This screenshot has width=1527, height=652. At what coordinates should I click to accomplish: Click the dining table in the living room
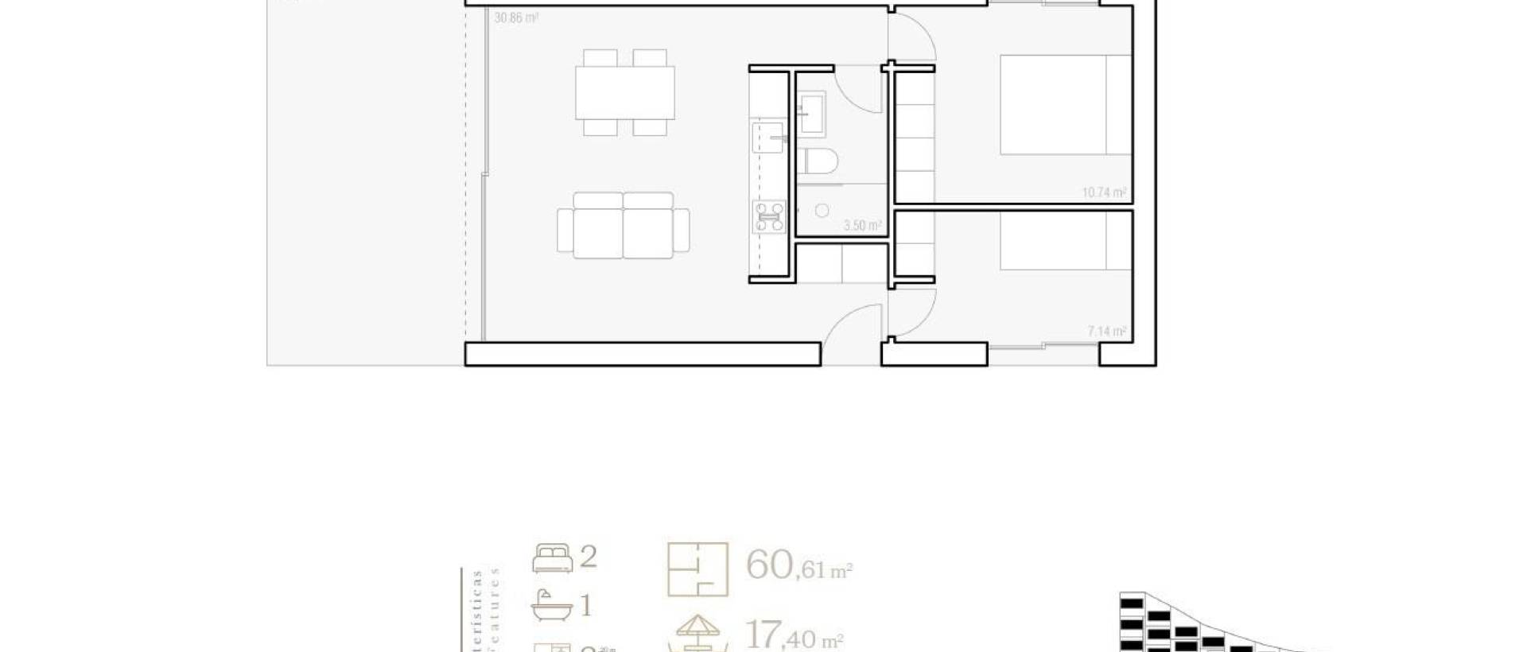(625, 92)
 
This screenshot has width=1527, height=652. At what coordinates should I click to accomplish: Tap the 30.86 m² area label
(516, 17)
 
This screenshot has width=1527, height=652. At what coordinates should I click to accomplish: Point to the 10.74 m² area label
(1104, 192)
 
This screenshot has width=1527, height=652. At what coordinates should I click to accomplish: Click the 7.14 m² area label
(1106, 331)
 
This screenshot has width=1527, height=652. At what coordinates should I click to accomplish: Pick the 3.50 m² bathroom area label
(862, 226)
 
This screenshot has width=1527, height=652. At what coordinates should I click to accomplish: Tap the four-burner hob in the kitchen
(769, 216)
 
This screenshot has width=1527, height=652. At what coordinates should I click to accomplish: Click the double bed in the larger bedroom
(1065, 104)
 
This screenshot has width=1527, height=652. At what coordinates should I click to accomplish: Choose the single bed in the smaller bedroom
(1065, 240)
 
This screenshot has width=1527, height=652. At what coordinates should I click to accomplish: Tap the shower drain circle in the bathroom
(822, 211)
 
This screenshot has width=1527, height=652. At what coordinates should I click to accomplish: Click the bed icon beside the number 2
(552, 558)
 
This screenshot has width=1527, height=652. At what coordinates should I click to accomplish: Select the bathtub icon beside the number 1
(551, 606)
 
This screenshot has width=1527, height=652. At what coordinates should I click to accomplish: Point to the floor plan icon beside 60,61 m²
(697, 569)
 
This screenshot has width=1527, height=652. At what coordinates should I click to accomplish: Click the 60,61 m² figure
(798, 566)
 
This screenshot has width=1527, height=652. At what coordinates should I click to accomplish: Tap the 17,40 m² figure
(794, 636)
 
